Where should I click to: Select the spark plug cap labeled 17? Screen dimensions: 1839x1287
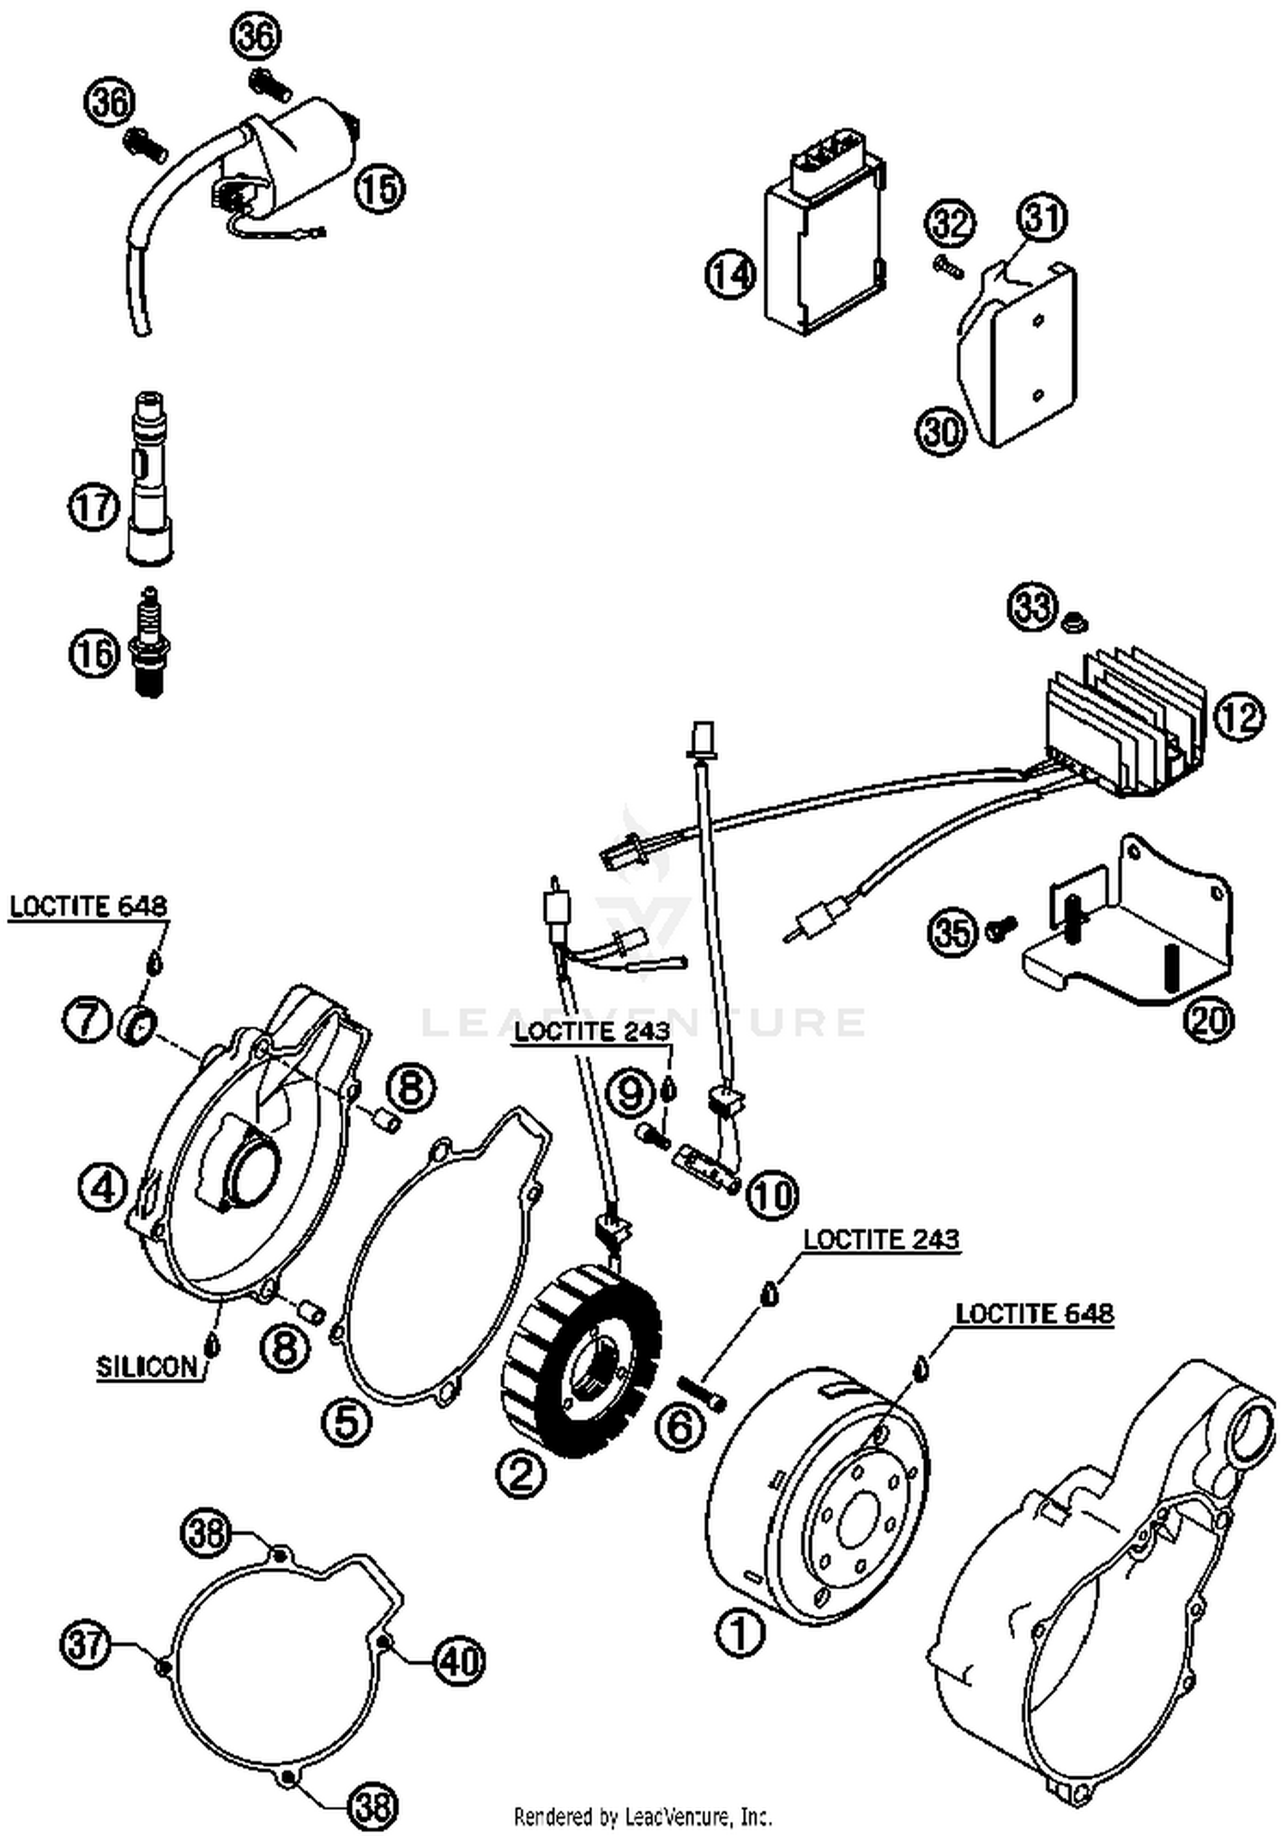click(150, 480)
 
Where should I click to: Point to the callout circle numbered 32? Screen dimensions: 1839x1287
click(950, 224)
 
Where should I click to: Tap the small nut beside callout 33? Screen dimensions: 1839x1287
click(1069, 620)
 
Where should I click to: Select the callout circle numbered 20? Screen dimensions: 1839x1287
click(1208, 1021)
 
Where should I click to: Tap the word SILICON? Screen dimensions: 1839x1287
click(146, 1367)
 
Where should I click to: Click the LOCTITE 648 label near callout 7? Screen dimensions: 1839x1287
click(88, 907)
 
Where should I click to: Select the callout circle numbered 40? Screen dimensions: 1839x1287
click(459, 1661)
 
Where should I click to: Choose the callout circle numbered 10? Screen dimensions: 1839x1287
click(772, 1194)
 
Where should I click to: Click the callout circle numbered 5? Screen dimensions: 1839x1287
click(347, 1422)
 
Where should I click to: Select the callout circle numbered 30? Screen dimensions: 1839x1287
click(941, 431)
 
